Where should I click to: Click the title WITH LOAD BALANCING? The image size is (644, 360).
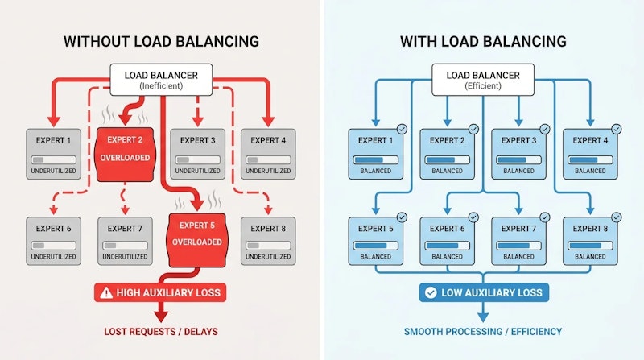[x=484, y=42]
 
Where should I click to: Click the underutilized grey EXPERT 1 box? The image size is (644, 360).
[x=53, y=154]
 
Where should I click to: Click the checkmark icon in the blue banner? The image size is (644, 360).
[x=430, y=292]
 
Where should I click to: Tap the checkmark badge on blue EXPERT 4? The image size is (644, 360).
[x=616, y=128]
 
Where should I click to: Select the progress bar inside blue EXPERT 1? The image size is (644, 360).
[x=375, y=159]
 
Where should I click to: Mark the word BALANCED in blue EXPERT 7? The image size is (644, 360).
[x=518, y=257]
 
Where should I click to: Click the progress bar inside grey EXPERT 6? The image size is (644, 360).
[x=53, y=245]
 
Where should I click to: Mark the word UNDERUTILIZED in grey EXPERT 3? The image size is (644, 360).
[x=196, y=171]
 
